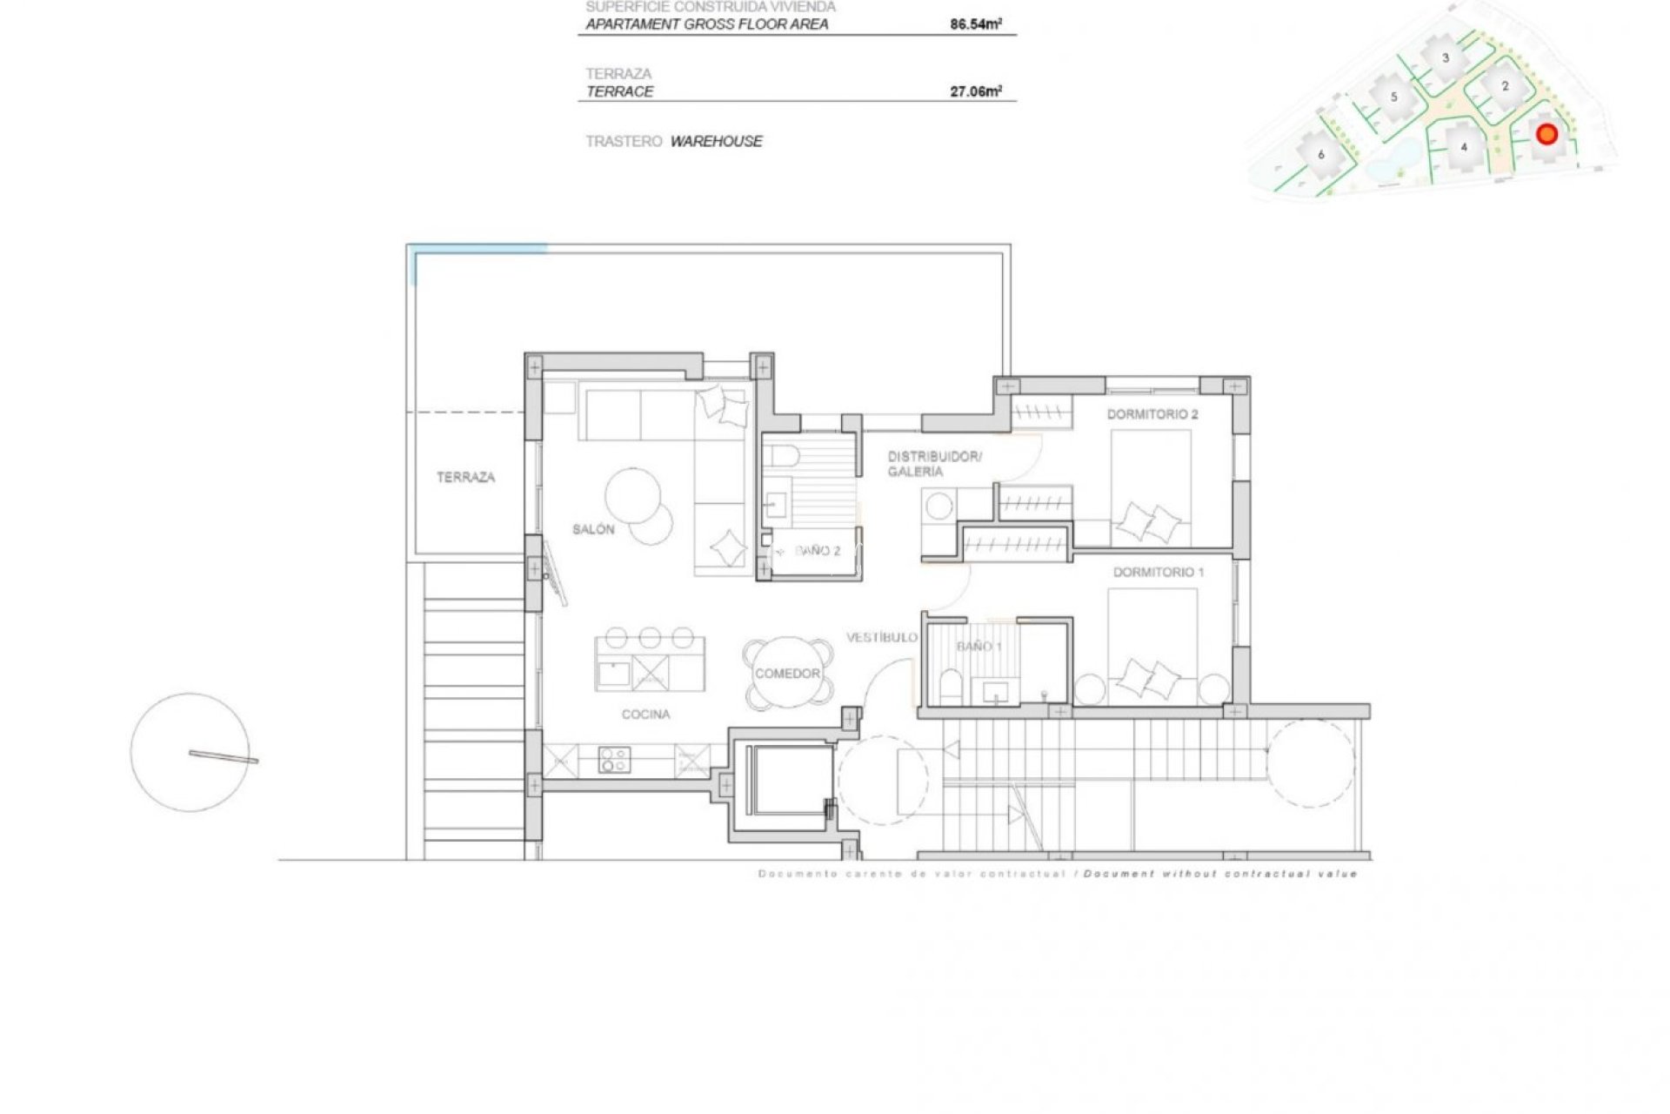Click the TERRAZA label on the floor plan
pyautogui.click(x=465, y=477)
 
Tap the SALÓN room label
pyautogui.click(x=593, y=529)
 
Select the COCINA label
pyautogui.click(x=645, y=715)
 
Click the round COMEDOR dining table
pyautogui.click(x=787, y=674)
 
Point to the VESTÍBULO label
pyautogui.click(x=882, y=638)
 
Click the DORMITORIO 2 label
pyautogui.click(x=1152, y=414)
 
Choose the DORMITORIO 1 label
pyautogui.click(x=1159, y=573)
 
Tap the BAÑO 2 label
pyautogui.click(x=818, y=552)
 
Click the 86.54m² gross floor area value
pyautogui.click(x=975, y=24)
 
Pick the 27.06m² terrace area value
pyautogui.click(x=975, y=91)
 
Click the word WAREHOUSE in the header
pyautogui.click(x=716, y=141)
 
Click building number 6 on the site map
pyautogui.click(x=1321, y=155)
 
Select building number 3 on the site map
pyautogui.click(x=1446, y=58)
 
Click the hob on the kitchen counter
pyautogui.click(x=614, y=761)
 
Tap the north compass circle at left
pyautogui.click(x=190, y=753)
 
